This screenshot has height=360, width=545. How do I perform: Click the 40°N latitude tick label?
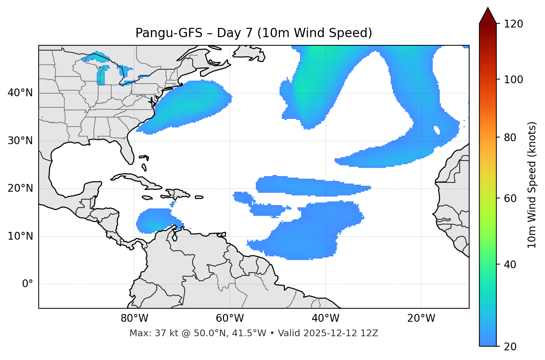tap(20, 93)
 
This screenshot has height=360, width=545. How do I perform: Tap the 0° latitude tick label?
tap(27, 284)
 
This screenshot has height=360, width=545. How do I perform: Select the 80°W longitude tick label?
tap(134, 318)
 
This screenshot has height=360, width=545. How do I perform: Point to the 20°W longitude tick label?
tap(421, 318)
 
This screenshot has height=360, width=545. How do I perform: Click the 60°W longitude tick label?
tap(230, 318)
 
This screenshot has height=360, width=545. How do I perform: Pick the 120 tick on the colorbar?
tap(513, 24)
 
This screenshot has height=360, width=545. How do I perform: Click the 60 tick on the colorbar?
tap(511, 198)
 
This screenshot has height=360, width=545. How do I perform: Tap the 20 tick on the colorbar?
tap(511, 347)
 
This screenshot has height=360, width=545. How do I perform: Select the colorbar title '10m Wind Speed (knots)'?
tap(532, 185)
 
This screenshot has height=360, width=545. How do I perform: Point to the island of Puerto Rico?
tap(199, 197)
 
